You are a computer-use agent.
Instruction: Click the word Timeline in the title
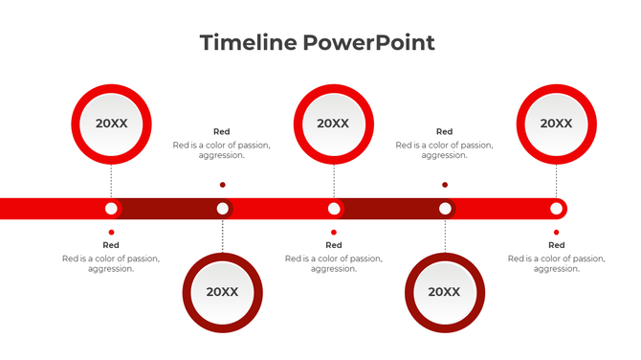(248, 42)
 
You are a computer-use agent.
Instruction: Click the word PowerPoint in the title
(369, 42)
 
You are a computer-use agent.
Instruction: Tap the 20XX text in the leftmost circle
(111, 124)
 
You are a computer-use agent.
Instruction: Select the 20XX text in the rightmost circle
(556, 124)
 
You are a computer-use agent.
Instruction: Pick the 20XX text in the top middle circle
(333, 124)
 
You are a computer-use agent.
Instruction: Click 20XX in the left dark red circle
(222, 292)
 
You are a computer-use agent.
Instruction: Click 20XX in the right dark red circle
(444, 292)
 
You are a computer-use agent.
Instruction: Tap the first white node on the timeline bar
(111, 208)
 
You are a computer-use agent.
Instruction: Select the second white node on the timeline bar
(222, 208)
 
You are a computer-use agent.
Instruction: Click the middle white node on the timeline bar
(333, 208)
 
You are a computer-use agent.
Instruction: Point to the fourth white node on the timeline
(445, 208)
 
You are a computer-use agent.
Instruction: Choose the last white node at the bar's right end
(556, 208)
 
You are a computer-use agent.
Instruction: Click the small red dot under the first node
(111, 232)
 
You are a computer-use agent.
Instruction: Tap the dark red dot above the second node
(222, 185)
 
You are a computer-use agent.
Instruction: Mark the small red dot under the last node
(556, 232)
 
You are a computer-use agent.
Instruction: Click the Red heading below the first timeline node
(111, 245)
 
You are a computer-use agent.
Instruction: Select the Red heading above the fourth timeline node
(444, 132)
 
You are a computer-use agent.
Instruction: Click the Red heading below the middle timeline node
(333, 245)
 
